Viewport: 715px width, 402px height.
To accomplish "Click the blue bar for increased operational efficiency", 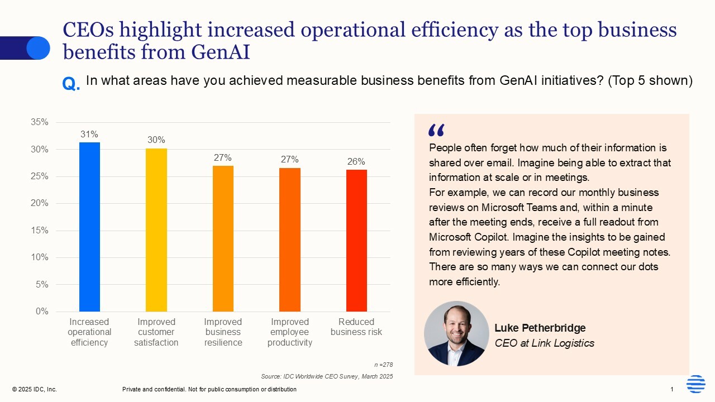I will tap(89, 227).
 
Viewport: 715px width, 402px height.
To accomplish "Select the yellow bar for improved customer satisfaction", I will tap(156, 229).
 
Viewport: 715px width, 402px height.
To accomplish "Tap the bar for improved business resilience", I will tap(223, 238).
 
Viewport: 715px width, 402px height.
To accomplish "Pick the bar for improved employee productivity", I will tap(289, 240).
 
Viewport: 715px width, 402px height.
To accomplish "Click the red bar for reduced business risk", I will tap(356, 240).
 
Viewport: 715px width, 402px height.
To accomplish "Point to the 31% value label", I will tap(89, 134).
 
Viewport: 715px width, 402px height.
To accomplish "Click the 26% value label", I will tap(356, 161).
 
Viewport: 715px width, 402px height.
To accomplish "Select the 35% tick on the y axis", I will tap(39, 122).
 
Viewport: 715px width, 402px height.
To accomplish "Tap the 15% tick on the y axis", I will tap(39, 230).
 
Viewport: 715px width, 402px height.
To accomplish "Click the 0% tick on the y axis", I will tap(41, 311).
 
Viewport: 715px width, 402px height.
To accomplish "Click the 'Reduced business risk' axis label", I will tap(356, 327).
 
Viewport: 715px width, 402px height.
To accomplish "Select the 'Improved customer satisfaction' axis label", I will tap(156, 332).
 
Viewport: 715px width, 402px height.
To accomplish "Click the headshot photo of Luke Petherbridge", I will tap(456, 333).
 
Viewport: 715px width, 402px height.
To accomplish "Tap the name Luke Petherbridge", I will tap(540, 328).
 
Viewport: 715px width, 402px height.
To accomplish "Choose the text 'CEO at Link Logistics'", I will tap(544, 343).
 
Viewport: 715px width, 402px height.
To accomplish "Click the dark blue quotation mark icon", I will tap(436, 130).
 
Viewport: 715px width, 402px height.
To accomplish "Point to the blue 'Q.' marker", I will tap(71, 84).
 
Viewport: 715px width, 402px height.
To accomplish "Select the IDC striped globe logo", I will tap(695, 384).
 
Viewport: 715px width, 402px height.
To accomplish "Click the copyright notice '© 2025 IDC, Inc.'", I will tap(34, 389).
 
